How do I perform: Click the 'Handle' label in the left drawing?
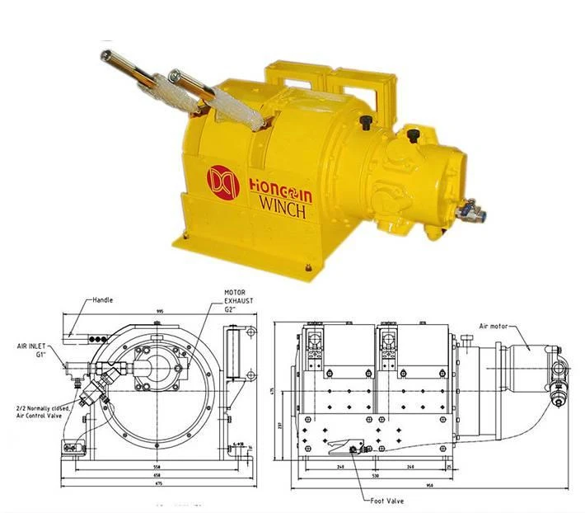tap(103, 300)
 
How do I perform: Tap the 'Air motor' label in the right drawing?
tap(497, 327)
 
